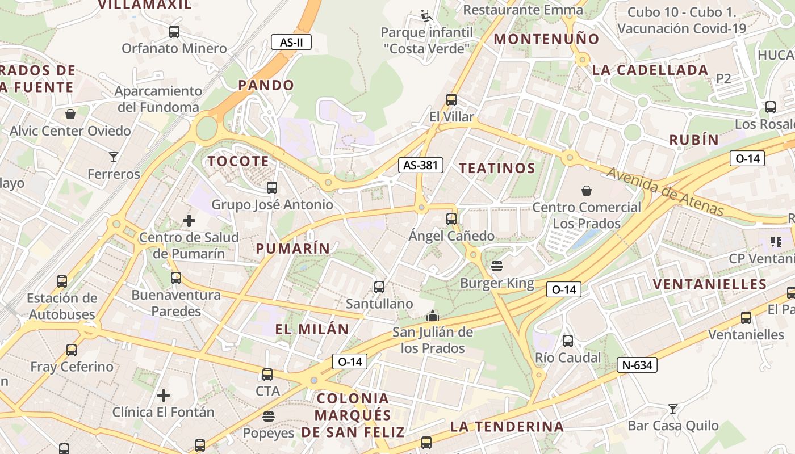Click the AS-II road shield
point(291,42)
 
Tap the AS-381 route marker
point(420,165)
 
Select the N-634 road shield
point(637,365)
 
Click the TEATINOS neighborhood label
point(497,168)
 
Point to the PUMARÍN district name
point(292,248)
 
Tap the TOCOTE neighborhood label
point(238,161)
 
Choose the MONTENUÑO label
point(546,39)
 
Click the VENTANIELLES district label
point(710,284)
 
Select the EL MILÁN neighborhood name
point(312,329)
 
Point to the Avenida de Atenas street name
point(666,192)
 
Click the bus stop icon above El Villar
point(451,100)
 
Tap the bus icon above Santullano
point(379,287)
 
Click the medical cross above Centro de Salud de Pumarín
point(189,220)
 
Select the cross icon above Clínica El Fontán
point(164,395)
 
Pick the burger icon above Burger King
point(497,266)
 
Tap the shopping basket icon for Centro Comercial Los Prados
point(587,191)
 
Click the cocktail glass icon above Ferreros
point(114,157)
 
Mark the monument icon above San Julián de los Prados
point(433,315)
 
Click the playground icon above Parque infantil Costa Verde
point(426,15)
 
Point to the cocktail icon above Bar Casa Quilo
point(673,409)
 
